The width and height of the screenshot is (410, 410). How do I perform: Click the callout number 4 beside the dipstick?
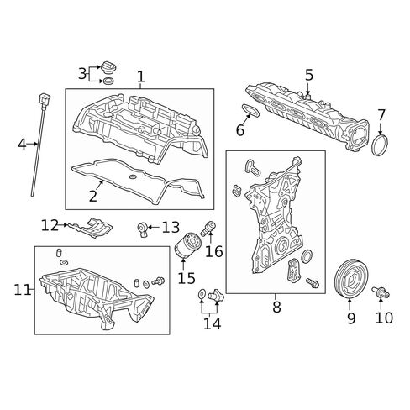pos(22,145)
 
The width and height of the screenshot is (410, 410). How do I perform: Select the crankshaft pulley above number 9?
pos(352,279)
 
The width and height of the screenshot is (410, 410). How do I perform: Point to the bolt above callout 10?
pos(381,292)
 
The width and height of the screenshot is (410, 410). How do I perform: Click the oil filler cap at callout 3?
pos(109,66)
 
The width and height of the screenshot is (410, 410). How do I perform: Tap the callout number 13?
pos(171,228)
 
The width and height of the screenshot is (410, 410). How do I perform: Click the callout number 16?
pos(214,251)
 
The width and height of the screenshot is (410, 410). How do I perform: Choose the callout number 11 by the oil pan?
pos(22,290)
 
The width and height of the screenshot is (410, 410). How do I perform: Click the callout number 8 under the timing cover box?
pos(276,307)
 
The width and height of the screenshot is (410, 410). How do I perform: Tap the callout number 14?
pos(212,324)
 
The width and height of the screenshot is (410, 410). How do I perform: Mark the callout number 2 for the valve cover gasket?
pos(93,196)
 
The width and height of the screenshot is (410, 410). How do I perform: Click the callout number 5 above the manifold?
pos(309,75)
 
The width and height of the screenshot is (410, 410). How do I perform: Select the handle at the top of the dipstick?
pos(45,99)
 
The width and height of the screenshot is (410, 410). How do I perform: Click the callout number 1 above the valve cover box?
pos(141,76)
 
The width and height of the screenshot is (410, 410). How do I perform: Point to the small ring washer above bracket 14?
pos(202,294)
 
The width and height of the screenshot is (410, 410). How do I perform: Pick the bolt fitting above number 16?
pos(208,229)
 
